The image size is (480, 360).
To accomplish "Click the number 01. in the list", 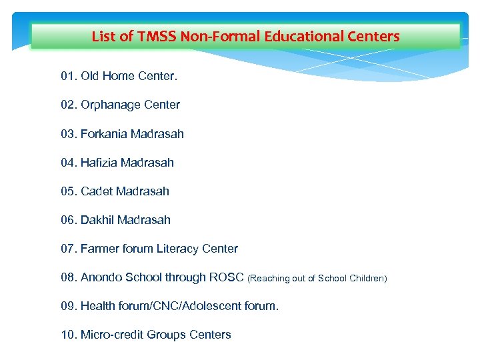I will (69, 76).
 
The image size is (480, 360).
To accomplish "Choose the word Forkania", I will (104, 134).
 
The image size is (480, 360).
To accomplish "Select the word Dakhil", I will (97, 220).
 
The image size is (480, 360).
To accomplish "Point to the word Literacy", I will (179, 249).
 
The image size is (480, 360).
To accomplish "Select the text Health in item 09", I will (98, 306).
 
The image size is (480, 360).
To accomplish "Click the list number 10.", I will (69, 335).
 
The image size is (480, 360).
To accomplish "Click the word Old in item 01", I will (90, 76).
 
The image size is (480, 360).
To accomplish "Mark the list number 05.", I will (69, 191).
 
